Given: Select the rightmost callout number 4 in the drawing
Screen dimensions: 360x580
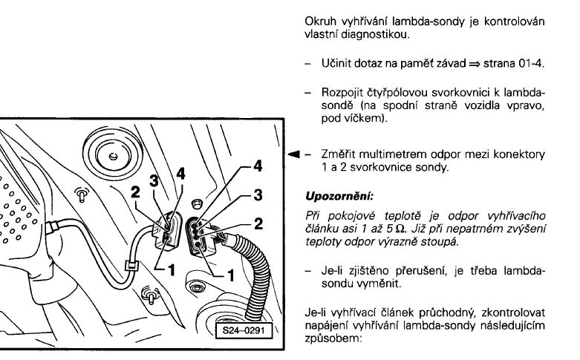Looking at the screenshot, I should pos(257,166).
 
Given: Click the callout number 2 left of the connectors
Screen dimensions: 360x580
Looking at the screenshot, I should pos(136,193).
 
